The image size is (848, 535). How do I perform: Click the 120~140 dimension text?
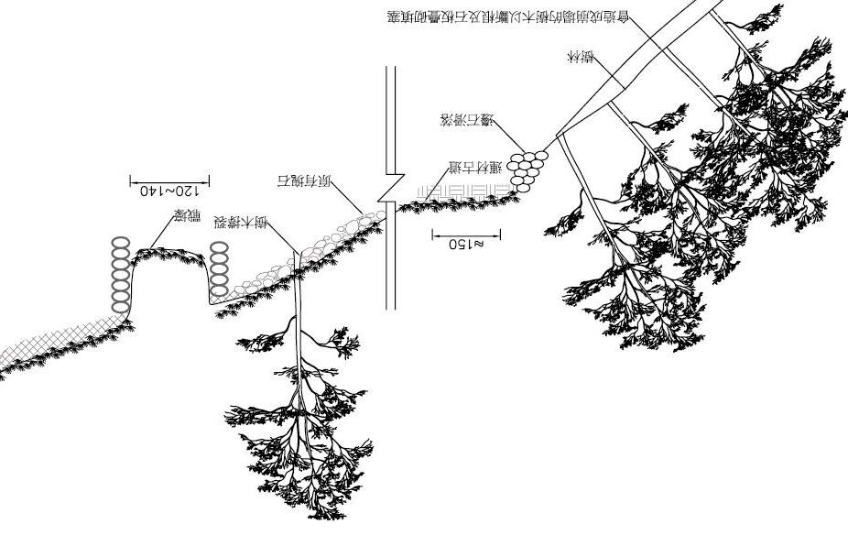(x=169, y=191)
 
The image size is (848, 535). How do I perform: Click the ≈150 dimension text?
(x=466, y=245)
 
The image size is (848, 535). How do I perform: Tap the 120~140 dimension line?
(x=169, y=180)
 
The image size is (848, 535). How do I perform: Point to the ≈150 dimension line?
(x=466, y=234)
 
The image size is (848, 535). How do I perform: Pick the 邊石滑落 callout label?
(x=467, y=120)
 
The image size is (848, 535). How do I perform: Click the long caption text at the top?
(x=508, y=17)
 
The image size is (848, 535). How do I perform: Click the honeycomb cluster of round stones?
(x=527, y=170)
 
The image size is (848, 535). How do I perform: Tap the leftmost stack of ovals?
(x=121, y=275)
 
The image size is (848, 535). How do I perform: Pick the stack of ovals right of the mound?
(x=218, y=268)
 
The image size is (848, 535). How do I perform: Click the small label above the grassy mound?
(x=187, y=218)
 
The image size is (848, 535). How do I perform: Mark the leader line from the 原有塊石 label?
(x=346, y=200)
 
